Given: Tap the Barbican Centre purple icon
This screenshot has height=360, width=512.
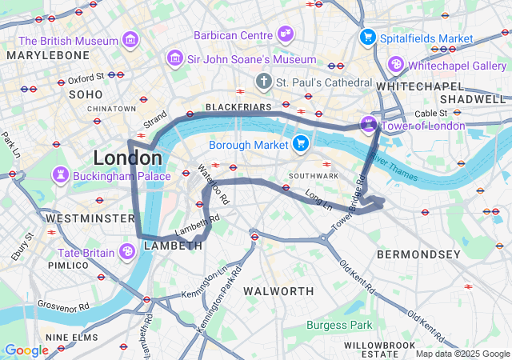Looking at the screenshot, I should click(285, 34).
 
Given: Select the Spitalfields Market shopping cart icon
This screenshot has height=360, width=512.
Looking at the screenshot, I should click(368, 37).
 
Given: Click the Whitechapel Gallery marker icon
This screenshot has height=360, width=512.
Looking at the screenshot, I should click(395, 64).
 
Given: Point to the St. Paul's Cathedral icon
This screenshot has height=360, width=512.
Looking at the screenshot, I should click(264, 82).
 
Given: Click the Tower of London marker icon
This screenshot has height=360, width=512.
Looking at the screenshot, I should click(368, 124).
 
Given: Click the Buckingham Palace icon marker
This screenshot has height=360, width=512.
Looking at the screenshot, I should click(61, 174).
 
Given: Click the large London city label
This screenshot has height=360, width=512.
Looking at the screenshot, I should click(127, 157).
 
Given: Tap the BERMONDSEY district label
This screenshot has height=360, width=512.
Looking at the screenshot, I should click(418, 254).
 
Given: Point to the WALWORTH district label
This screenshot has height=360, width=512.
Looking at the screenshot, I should click(278, 290).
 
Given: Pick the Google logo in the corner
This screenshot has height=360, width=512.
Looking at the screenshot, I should click(26, 350).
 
